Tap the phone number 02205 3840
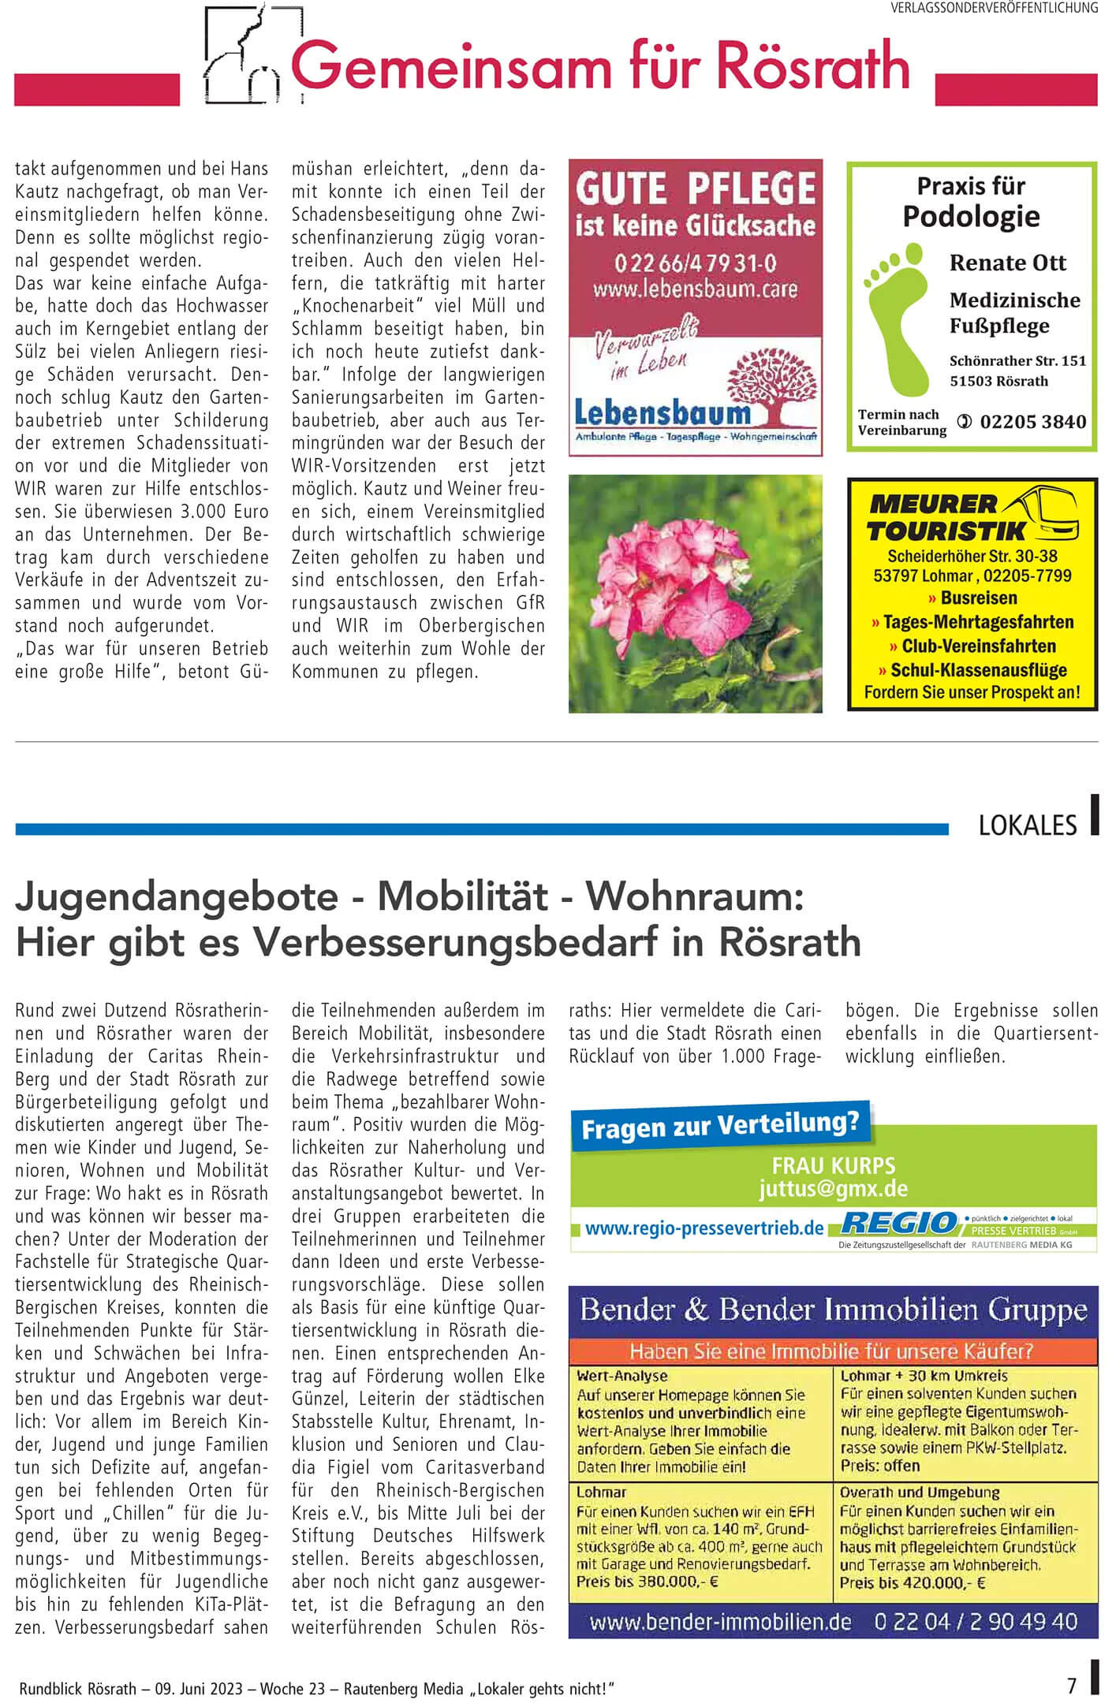coord(1032,422)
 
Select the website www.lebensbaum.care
coord(695,289)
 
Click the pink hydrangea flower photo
coord(695,593)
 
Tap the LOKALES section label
coord(1027,825)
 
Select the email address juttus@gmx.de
coord(833,1188)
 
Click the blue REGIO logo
coord(898,1223)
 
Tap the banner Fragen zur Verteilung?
coord(719,1124)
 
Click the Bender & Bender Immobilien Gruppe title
coord(833,1310)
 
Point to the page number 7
coord(1071,1686)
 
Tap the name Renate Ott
coord(1007,263)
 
